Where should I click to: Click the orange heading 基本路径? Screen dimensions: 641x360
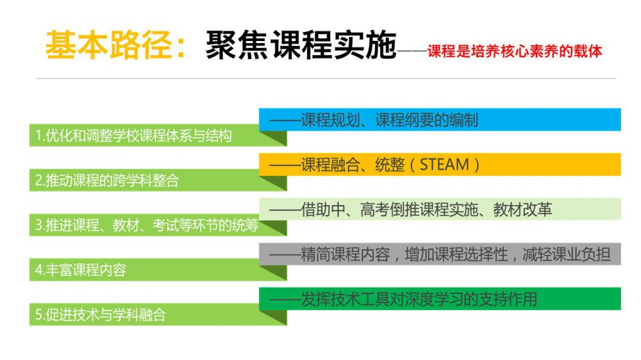[109, 45]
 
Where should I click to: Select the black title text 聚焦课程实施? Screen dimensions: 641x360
[301, 45]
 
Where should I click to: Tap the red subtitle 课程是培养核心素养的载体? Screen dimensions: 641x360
[515, 51]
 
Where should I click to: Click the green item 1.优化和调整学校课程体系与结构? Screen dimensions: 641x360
[134, 136]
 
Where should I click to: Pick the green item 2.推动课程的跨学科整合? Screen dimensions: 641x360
[107, 180]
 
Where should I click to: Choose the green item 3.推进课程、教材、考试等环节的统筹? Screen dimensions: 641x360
[147, 225]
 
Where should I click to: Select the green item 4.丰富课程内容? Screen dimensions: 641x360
[81, 270]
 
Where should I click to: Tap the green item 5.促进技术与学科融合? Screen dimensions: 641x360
[101, 315]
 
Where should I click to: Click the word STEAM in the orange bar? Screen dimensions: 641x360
[444, 165]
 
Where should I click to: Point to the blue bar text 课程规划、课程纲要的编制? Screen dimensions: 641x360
[389, 120]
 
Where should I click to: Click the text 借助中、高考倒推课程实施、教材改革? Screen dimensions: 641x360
[426, 209]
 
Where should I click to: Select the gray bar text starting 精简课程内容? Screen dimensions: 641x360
[455, 254]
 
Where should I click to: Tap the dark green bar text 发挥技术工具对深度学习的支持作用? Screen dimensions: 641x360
[419, 299]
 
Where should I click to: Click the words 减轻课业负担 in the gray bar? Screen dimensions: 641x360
[566, 254]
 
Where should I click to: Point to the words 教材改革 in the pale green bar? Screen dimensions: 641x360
[522, 209]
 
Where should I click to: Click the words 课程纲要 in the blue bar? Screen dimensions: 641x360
[404, 120]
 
